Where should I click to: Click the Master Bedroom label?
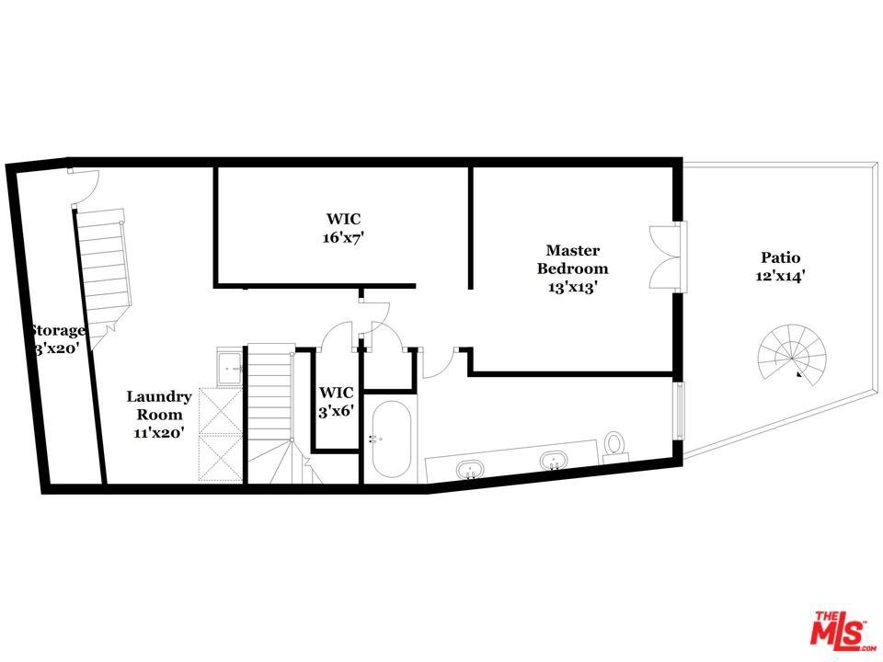[x=573, y=259]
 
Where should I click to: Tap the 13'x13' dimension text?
[x=573, y=287]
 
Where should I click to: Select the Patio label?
[x=781, y=257]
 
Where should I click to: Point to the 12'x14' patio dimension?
[x=781, y=277]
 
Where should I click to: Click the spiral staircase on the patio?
[x=792, y=355]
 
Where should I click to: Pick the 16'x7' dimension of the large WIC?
[x=343, y=237]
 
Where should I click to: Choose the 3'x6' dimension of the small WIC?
[x=337, y=412]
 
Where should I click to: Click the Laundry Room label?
[x=159, y=405]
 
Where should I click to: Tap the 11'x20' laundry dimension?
[x=159, y=433]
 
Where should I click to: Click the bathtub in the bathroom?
[x=391, y=439]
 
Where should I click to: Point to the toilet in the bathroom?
[x=614, y=445]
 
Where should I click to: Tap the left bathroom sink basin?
[x=470, y=468]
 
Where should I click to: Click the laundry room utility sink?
[x=230, y=369]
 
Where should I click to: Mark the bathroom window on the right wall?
[x=680, y=411]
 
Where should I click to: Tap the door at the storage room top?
[x=84, y=186]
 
